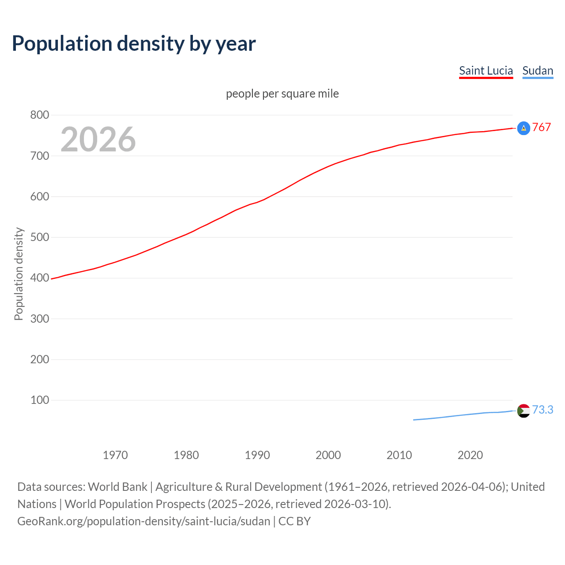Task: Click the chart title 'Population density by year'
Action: (134, 44)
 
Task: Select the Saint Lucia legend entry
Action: (486, 71)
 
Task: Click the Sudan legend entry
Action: (537, 71)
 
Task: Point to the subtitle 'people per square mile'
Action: (282, 94)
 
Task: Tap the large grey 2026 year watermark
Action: (98, 139)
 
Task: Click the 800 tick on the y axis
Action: (39, 115)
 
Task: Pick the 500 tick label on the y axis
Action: (39, 237)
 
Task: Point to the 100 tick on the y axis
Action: (39, 400)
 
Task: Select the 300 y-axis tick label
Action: (39, 319)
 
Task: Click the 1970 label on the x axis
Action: (115, 455)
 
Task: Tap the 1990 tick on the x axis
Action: (257, 455)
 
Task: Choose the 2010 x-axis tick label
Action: (399, 455)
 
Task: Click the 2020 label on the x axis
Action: (470, 455)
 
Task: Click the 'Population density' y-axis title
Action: (19, 274)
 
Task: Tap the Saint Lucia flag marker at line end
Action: (524, 128)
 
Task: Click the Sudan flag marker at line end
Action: (524, 411)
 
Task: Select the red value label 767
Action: (542, 127)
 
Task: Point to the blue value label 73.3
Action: (542, 410)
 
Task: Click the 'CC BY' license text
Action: (294, 521)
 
